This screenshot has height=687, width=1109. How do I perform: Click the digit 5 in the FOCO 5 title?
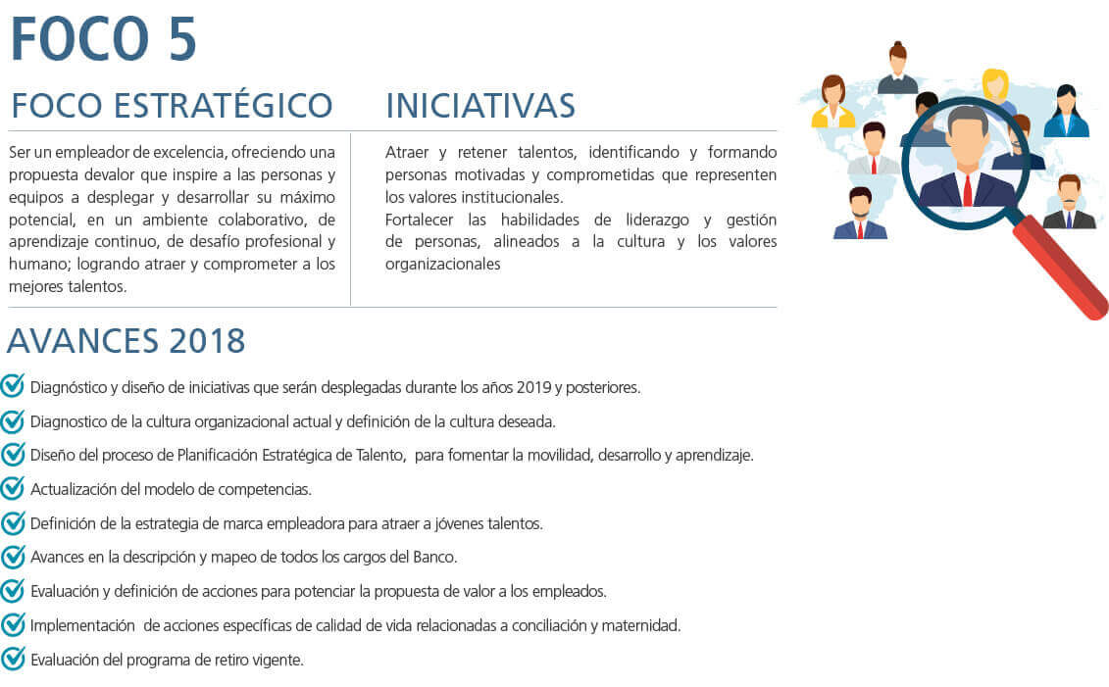182,39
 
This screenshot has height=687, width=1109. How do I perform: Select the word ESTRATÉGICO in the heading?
224,105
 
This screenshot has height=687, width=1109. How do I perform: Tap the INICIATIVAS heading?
480,106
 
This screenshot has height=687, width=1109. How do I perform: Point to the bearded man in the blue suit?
860,214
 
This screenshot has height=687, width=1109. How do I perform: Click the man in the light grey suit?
874,148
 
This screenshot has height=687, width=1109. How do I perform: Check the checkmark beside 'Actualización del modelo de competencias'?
13,488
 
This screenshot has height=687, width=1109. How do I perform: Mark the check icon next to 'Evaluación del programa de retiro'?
13,658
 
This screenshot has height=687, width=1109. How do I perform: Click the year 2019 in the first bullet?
533,387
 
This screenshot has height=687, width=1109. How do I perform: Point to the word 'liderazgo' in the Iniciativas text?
657,221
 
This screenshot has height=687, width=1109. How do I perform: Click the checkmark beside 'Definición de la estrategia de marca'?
13,522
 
